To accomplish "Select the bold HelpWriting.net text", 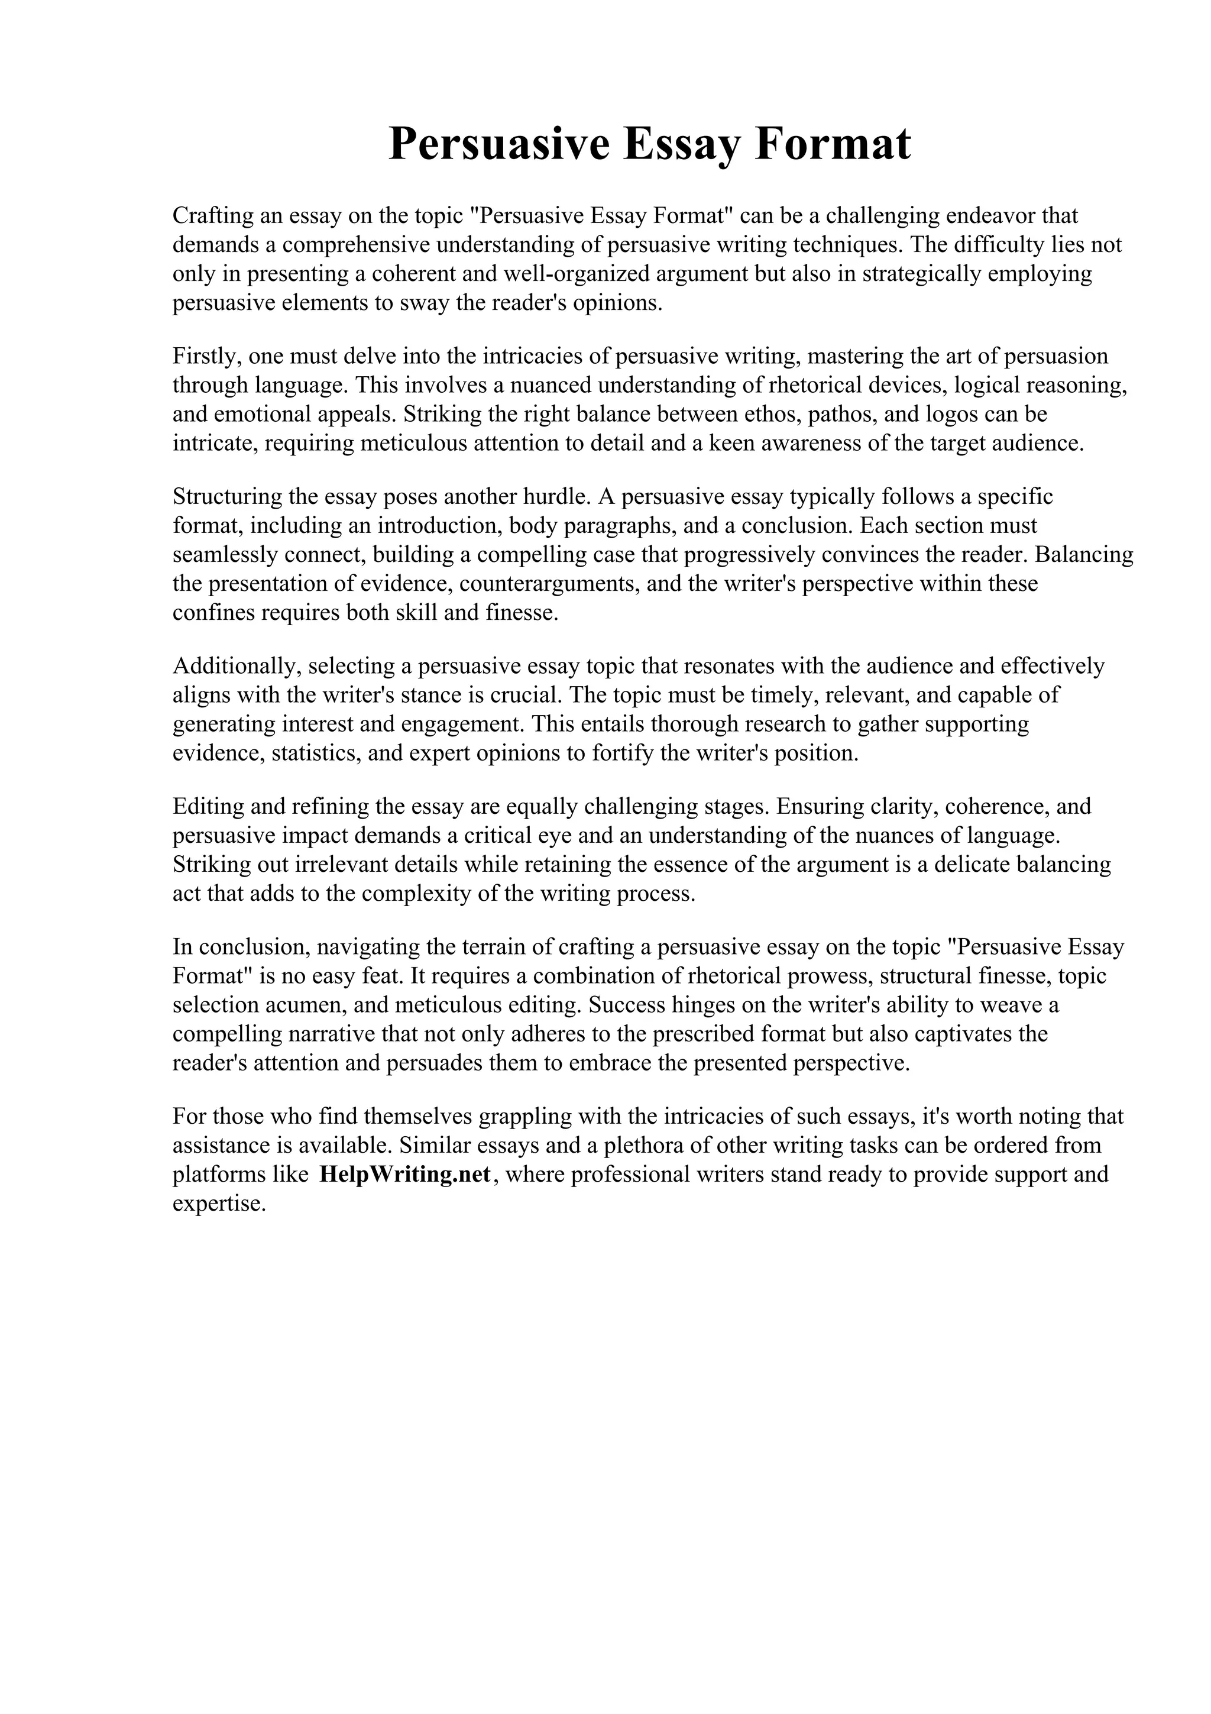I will click(x=404, y=1174).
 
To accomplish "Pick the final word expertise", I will click(x=219, y=1204).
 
